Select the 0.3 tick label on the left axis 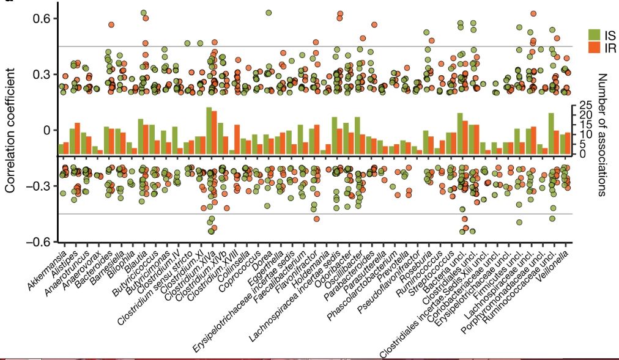pos(37,74)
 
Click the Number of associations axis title pos(602,134)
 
